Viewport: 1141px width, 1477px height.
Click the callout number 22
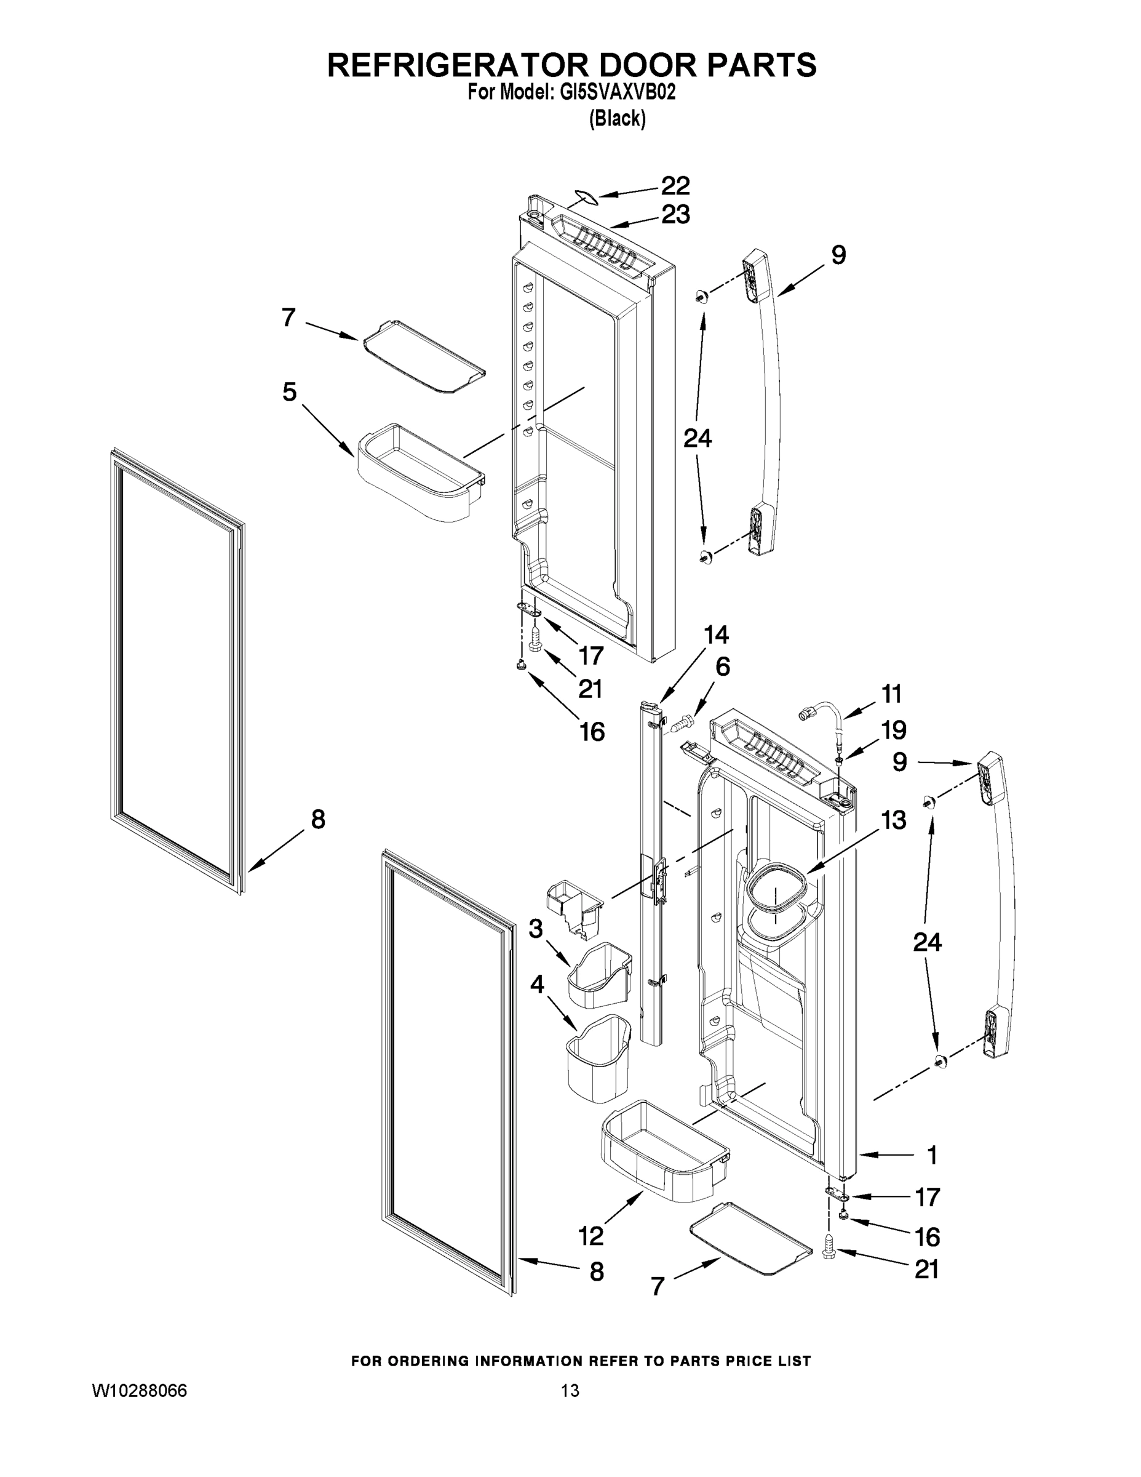pyautogui.click(x=675, y=185)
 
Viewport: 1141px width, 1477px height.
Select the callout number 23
pyautogui.click(x=675, y=214)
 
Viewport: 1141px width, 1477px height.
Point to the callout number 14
pyautogui.click(x=716, y=634)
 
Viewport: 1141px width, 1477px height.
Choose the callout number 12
pyautogui.click(x=590, y=1236)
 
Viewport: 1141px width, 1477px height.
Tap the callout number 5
pyautogui.click(x=289, y=391)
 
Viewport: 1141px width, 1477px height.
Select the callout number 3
pyautogui.click(x=535, y=929)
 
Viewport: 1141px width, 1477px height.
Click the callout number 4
pyautogui.click(x=537, y=985)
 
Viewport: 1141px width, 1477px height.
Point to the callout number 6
pyautogui.click(x=722, y=667)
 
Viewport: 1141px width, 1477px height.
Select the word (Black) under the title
pyautogui.click(x=617, y=119)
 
